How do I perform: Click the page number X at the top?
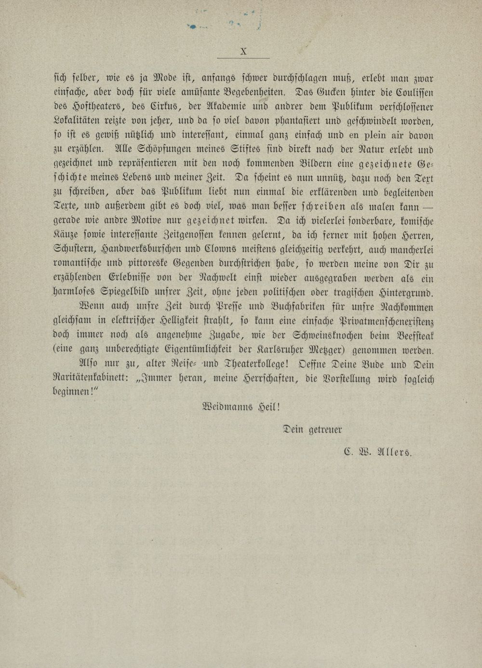[x=243, y=51]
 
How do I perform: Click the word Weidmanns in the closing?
[x=229, y=407]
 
